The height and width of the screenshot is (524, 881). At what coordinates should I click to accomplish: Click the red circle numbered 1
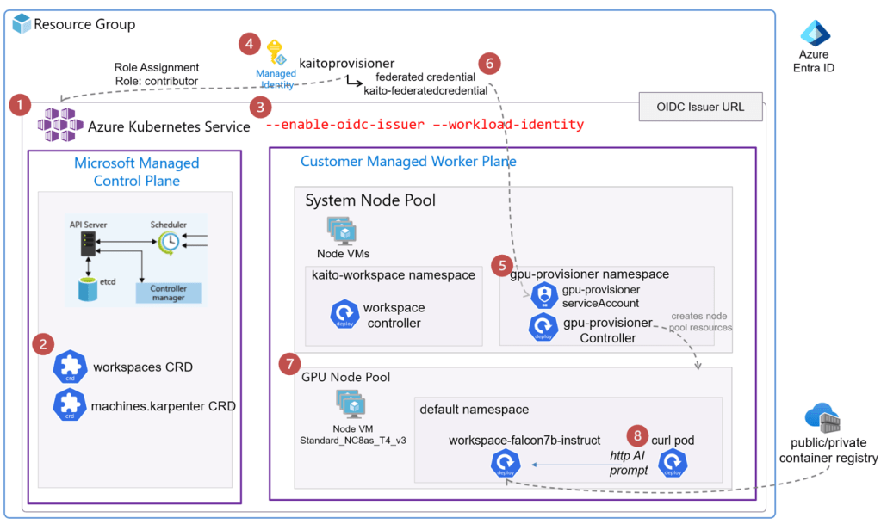coord(19,106)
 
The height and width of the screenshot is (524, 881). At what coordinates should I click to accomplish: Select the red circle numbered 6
coord(489,63)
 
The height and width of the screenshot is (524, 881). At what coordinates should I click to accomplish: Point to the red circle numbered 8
coord(636,435)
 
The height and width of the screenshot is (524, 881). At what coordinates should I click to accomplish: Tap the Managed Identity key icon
coord(276,52)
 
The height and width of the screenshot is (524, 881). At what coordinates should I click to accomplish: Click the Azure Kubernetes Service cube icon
coord(59,126)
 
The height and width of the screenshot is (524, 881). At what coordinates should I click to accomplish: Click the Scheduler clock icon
coord(169,242)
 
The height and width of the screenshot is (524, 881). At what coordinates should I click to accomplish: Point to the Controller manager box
coord(168,293)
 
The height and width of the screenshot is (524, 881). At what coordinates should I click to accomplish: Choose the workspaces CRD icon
coord(70,367)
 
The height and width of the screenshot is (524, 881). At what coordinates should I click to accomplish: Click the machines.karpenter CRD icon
coord(70,405)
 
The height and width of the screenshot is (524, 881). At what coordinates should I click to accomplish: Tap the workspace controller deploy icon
coord(344,315)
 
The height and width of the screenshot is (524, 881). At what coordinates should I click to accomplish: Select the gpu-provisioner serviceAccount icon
coord(544,296)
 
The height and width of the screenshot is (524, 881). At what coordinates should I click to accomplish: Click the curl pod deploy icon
coord(672,464)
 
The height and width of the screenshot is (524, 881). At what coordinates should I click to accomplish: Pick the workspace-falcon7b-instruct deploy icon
coord(505,465)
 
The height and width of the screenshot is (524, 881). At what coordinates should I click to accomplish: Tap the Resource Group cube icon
coord(22,23)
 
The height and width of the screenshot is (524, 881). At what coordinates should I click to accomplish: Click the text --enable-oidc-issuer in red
coord(344,125)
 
